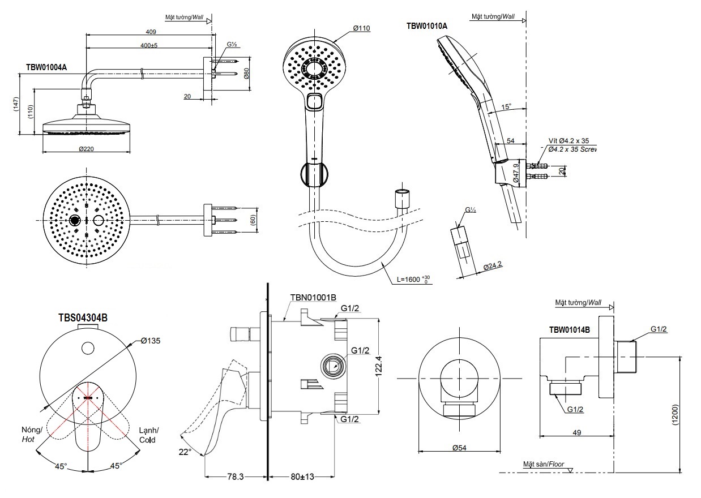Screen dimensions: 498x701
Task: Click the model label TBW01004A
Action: tap(46, 67)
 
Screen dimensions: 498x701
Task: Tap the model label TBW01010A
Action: tap(427, 26)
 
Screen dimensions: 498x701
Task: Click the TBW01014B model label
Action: tap(570, 329)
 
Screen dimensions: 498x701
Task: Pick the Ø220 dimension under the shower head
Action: tap(86, 148)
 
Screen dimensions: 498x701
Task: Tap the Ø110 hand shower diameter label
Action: tap(361, 28)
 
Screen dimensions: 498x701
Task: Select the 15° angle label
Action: tap(506, 106)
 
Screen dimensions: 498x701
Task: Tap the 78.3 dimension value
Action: tap(233, 477)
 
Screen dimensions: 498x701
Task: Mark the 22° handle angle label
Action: tap(185, 452)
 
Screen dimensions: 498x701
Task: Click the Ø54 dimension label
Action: tap(459, 448)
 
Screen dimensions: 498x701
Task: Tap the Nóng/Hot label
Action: tap(29, 434)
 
